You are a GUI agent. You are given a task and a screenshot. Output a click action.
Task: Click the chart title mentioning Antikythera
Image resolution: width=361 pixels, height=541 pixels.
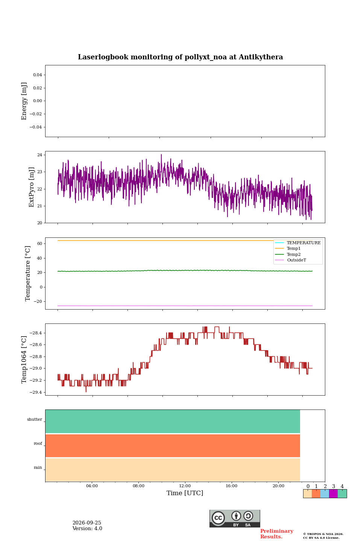point(180,57)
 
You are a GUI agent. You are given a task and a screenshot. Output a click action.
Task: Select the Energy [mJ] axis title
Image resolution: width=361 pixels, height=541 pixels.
point(24,101)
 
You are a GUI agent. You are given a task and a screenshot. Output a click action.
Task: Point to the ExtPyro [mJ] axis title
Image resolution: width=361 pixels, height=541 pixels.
point(32,187)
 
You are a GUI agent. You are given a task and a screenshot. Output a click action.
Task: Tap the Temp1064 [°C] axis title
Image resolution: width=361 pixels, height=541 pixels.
point(24,360)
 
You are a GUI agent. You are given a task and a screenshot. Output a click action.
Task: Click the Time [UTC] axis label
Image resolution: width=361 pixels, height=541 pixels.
point(185,493)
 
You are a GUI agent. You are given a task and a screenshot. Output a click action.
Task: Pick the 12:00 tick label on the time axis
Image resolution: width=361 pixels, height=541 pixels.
point(185,486)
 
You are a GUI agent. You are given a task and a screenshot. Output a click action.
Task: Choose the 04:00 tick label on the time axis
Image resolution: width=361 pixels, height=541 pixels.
point(92,486)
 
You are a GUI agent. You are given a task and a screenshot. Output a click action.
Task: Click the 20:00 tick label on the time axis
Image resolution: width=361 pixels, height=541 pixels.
point(278,486)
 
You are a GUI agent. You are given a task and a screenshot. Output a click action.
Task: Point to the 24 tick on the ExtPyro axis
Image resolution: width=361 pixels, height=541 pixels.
point(39,155)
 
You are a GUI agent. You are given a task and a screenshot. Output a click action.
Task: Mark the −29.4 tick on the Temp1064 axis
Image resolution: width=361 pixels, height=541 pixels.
point(36,392)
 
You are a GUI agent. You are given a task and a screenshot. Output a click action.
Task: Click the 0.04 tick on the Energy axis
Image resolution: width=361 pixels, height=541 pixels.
point(38,75)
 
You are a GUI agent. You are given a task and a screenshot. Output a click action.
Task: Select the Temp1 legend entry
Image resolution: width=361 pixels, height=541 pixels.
point(294,248)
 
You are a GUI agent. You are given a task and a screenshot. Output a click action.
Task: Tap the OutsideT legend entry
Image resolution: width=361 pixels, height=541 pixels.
point(296,260)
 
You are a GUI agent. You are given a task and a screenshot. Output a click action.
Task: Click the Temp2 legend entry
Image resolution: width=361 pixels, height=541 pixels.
point(294,254)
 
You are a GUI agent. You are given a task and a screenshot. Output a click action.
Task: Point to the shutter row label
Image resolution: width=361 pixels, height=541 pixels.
point(35,419)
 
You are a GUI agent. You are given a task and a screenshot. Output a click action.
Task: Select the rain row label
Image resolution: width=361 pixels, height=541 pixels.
point(38,467)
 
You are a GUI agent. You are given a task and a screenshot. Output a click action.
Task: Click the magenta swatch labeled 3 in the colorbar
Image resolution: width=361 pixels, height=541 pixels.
point(333,493)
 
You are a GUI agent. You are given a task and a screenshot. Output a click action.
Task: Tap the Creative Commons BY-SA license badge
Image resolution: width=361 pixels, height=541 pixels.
point(235,518)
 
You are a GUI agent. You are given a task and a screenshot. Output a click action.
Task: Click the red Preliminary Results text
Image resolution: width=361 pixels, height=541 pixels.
point(277,534)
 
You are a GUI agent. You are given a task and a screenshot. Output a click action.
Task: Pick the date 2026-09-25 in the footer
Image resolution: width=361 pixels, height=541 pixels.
point(87,523)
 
